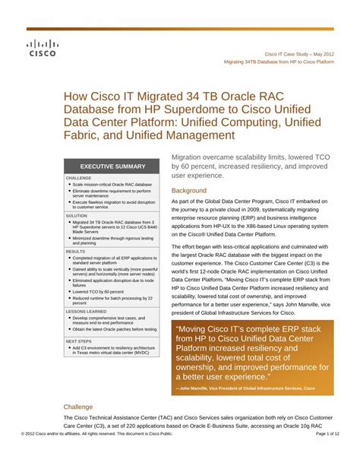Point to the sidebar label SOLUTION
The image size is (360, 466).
click(x=77, y=215)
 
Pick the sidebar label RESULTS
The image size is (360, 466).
click(x=75, y=251)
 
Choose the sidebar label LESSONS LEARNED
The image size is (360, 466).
click(x=87, y=312)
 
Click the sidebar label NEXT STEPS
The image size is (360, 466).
click(x=80, y=341)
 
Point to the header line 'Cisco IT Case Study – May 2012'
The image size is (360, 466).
click(x=298, y=55)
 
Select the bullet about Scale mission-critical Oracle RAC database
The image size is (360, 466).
click(x=112, y=184)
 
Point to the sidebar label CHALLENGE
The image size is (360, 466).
click(x=79, y=178)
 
